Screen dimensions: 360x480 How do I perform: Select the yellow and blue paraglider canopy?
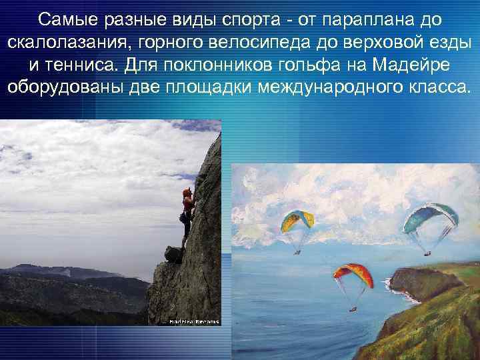tap(298, 219)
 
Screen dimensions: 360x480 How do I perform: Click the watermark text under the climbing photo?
tap(193, 321)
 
